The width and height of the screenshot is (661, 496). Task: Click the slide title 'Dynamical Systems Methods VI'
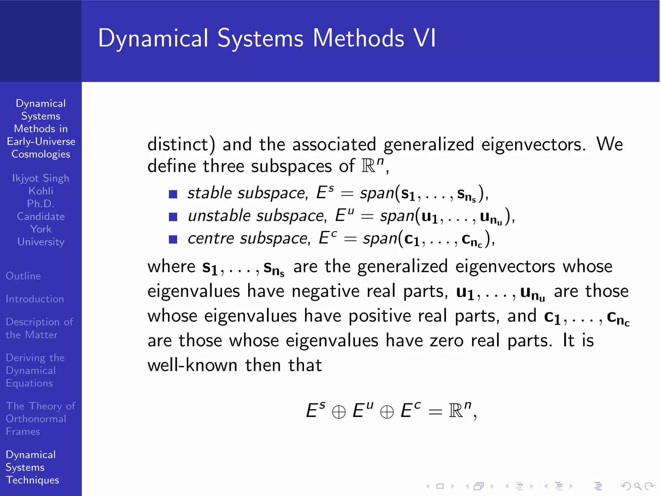tap(267, 38)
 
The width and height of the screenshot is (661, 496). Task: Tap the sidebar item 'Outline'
tap(23, 276)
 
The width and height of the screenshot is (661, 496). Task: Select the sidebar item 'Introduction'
tap(35, 299)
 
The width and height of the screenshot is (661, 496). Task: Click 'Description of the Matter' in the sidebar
tap(39, 328)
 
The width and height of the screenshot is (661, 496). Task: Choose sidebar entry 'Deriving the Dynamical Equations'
tap(35, 370)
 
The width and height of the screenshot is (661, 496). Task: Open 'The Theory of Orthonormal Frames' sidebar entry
tap(40, 418)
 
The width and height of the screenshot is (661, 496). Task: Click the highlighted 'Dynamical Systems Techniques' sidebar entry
tap(32, 467)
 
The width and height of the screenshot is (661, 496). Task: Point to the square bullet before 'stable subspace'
tap(173, 194)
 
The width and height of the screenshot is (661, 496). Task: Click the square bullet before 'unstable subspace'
tap(173, 217)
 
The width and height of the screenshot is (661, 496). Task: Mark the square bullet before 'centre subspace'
tap(173, 239)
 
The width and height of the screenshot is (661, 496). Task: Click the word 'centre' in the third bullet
tap(210, 239)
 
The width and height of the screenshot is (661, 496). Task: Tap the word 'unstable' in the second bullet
tap(219, 216)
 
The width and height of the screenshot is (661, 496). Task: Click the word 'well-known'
tap(192, 365)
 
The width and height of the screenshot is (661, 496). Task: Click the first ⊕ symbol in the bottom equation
tap(339, 412)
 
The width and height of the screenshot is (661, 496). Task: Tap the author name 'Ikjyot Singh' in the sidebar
tap(41, 178)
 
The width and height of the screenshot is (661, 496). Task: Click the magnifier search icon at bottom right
tap(637, 486)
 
